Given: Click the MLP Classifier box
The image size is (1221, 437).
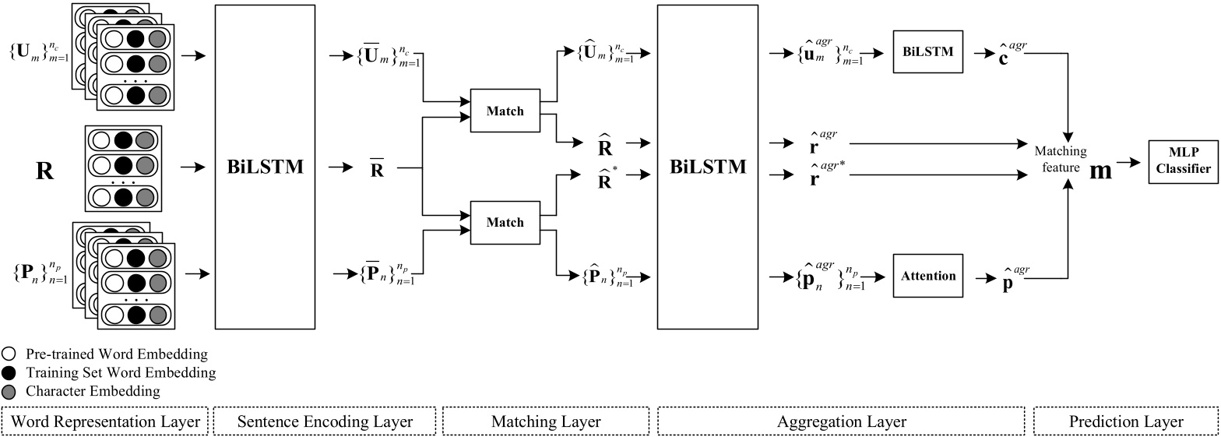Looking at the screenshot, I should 1184,163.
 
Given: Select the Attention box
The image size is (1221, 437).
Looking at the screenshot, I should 927,276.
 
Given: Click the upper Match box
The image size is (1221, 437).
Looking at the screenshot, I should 505,111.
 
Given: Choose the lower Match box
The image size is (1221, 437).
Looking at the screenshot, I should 505,222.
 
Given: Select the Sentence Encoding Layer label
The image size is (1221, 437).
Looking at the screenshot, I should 324,421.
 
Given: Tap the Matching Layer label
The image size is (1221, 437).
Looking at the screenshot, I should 546,421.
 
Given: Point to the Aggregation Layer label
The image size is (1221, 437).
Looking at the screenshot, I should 842,421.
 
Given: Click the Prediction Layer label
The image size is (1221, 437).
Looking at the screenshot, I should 1124,421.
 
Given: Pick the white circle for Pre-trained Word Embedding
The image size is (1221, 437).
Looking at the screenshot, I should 9,354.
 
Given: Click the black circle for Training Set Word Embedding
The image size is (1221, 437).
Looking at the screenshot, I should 9,372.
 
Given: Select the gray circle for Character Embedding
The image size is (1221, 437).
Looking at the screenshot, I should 9,390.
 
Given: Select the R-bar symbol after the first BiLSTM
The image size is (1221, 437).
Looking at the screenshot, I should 377,168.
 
